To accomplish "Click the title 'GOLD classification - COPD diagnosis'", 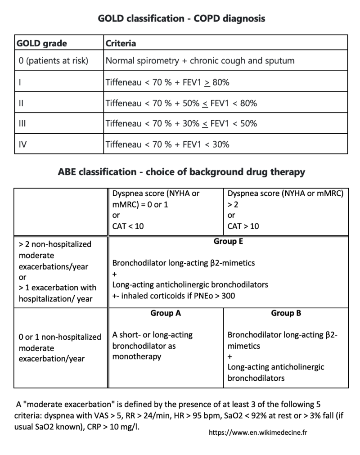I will (181, 18).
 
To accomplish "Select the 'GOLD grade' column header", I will (41, 44).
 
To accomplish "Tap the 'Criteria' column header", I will (121, 44).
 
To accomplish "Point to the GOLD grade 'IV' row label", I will (20, 144).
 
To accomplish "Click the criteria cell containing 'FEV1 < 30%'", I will (167, 144).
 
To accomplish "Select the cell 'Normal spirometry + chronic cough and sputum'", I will (200, 61).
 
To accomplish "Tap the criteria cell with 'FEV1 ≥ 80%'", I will (167, 82).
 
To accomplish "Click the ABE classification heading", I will (181, 172).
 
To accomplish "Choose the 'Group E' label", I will (228, 242).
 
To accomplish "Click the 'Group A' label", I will (166, 313).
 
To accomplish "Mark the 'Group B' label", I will (286, 313).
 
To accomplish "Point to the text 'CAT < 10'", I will (128, 226).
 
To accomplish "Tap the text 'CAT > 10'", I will (243, 226).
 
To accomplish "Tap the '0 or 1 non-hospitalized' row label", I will (60, 337).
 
